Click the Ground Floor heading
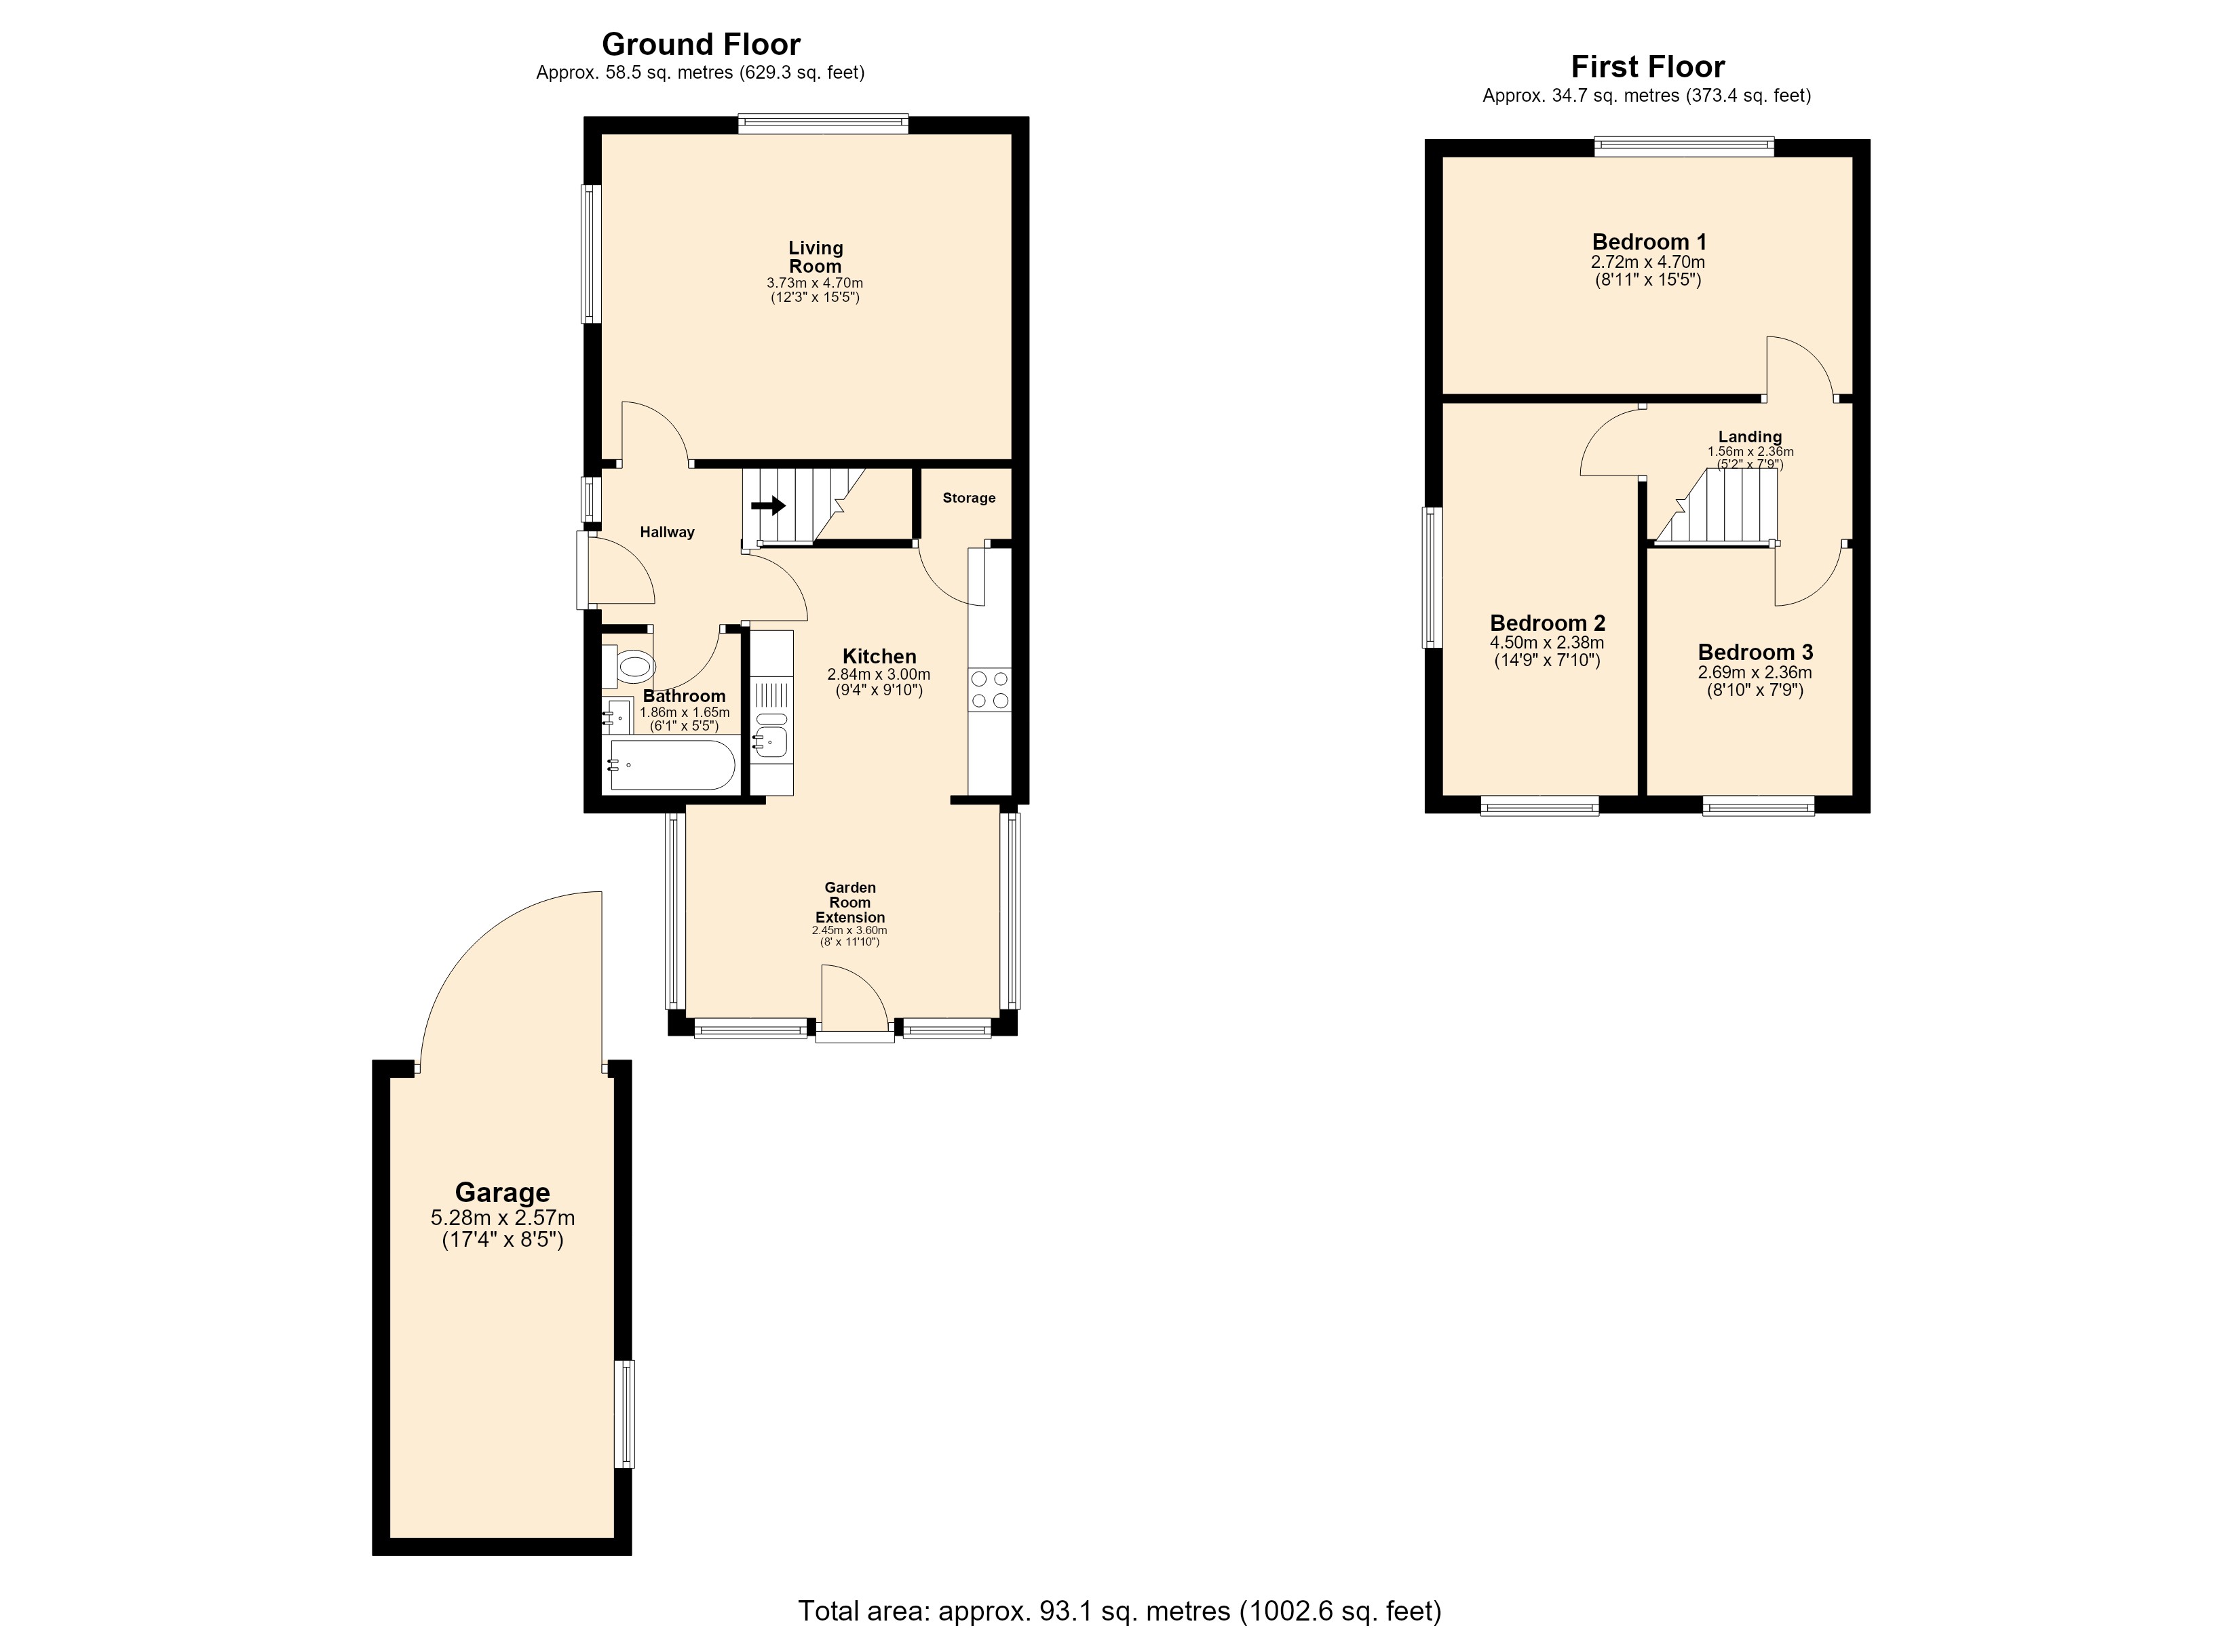pos(701,44)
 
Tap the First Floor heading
pos(1647,67)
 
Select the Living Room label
pos(816,256)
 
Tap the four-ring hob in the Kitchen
pos(990,689)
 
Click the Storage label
pos(968,498)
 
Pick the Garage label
pos(503,1192)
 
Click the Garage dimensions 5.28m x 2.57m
pos(503,1218)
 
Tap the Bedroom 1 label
pos(1649,242)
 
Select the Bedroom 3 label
pos(1755,652)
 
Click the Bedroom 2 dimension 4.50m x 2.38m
pos(1547,642)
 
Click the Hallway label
pos(668,532)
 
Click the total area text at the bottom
pos(1119,1611)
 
